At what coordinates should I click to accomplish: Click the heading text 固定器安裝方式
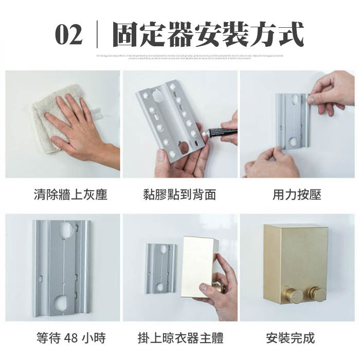[208, 35]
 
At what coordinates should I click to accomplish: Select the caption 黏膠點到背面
[179, 195]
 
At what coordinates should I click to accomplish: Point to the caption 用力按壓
[297, 195]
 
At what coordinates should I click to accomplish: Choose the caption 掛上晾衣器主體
[181, 338]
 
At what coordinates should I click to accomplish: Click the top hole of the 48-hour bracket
[67, 228]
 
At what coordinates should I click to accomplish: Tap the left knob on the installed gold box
[295, 296]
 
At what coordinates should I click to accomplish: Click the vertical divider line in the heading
[97, 35]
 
